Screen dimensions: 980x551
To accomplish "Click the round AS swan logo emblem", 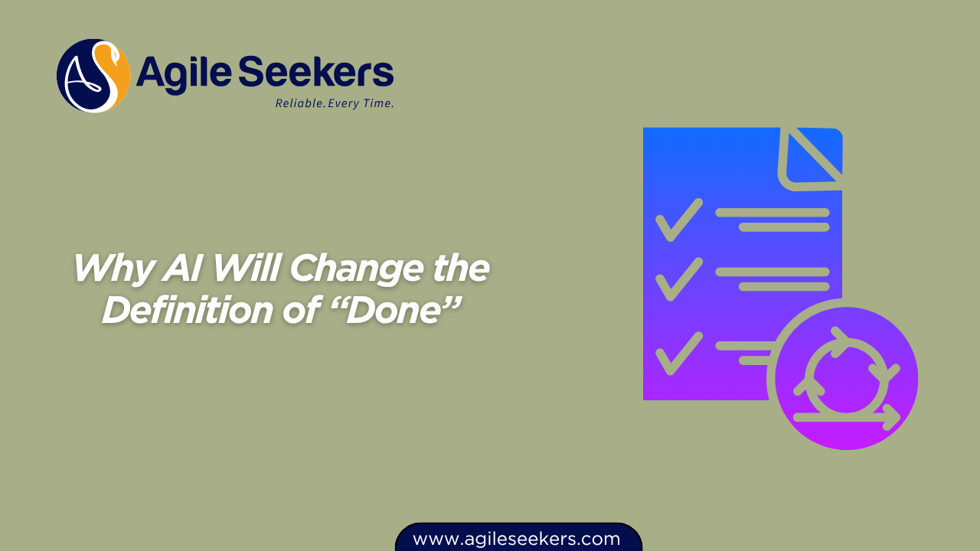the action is [93, 76].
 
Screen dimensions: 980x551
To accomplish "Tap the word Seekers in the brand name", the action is [316, 71].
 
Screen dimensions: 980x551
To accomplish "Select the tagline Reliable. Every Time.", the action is [335, 103].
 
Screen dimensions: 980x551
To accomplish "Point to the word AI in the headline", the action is [182, 268].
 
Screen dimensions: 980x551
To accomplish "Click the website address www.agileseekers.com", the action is [516, 540].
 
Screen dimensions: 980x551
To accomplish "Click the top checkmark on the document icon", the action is [679, 220].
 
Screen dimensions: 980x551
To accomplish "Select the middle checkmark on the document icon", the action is [679, 279].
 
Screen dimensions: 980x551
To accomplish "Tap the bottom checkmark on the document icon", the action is [679, 354].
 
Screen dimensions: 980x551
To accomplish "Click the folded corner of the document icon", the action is [811, 158].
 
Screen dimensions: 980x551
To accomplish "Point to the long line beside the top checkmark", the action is [773, 213].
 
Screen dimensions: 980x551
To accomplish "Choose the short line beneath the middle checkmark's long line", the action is [785, 287].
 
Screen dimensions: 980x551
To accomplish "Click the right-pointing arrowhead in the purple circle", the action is [892, 418].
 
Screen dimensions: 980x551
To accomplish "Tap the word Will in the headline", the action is [246, 268].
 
